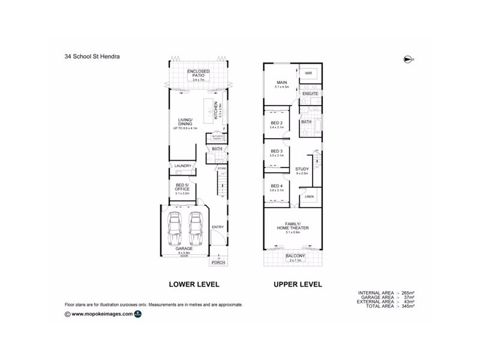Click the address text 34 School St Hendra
tap(92, 58)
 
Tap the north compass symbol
tap(409, 59)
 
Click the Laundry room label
tap(182, 166)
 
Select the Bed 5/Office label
tap(182, 187)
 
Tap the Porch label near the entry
tap(218, 262)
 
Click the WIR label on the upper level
tap(308, 73)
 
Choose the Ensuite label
tap(310, 94)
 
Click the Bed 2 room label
tap(277, 122)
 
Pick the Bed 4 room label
tap(277, 186)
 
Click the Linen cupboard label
tap(309, 197)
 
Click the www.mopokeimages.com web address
tap(102, 314)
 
